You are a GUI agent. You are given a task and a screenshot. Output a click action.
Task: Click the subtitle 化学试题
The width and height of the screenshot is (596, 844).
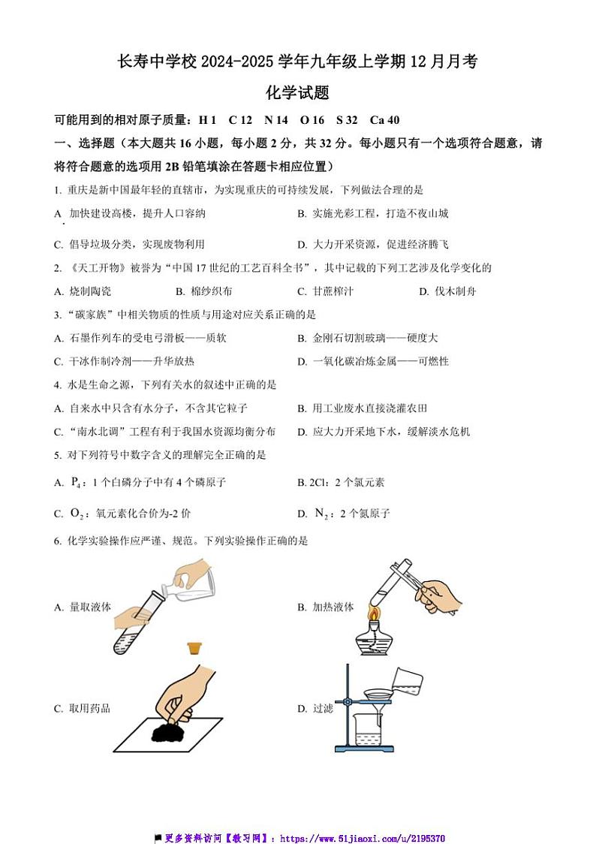298,93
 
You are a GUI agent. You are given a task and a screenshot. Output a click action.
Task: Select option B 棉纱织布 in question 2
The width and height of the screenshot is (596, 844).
203,291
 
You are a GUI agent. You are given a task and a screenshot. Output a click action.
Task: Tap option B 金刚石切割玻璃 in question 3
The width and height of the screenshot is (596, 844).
367,338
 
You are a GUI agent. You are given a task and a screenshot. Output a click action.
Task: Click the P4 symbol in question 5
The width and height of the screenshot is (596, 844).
76,482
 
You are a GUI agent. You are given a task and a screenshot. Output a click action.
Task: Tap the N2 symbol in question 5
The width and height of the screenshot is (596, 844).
321,514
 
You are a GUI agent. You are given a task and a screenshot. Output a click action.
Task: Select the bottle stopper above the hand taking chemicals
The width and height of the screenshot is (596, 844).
197,648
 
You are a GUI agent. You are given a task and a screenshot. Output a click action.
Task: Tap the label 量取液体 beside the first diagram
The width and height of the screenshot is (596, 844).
89,607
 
